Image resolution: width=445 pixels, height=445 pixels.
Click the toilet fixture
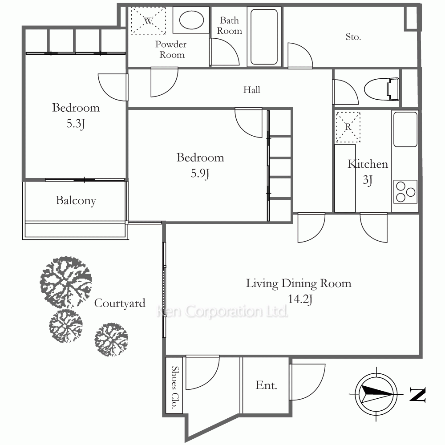point(382,89)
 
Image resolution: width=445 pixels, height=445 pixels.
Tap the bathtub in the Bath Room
point(264,36)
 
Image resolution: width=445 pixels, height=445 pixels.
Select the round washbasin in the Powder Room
point(191,20)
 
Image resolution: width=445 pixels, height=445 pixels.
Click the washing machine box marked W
point(148,20)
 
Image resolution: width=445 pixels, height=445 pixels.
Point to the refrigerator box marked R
point(348,127)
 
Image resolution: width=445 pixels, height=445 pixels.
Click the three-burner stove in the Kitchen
point(405,191)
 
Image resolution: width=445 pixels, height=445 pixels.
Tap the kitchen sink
point(405,129)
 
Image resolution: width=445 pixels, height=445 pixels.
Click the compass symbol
point(376,394)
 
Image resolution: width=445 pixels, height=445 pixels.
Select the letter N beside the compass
point(417,394)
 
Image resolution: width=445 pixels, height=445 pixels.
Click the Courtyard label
point(119,303)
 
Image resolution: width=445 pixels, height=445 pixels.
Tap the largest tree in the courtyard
point(66,282)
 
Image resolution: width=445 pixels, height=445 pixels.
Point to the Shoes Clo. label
point(175,388)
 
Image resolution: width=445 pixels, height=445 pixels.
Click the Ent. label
point(266,385)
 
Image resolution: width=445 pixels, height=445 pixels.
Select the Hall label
point(252,90)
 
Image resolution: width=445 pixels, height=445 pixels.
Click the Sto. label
point(353,37)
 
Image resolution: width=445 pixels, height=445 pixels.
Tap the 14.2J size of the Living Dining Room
point(300,299)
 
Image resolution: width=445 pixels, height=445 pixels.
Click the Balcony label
point(76,201)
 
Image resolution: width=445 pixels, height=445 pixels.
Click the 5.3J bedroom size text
point(76,124)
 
